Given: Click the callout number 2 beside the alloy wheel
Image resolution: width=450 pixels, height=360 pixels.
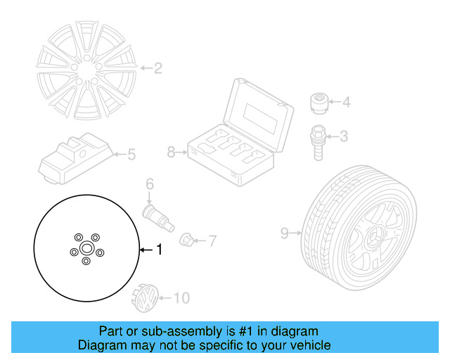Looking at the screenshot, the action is tap(158, 68).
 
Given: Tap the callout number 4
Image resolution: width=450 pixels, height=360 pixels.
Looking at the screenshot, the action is tap(345, 103).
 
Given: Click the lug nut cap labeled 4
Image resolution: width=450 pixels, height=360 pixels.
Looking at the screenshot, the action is tap(320, 103).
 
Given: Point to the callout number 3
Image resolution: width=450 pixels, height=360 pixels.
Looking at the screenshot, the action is tap(344, 136).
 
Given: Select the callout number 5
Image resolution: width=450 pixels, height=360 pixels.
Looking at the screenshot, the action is tap(131, 154).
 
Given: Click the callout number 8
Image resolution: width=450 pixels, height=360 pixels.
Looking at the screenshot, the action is tap(171, 151).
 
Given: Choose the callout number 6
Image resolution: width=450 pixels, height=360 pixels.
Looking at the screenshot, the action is tap(149, 184).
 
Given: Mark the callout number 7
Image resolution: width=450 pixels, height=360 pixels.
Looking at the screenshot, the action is tap(212, 240).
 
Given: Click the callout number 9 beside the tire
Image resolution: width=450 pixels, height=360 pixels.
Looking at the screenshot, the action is tap(284, 232).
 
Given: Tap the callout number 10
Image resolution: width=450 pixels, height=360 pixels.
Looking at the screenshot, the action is tap(181, 299).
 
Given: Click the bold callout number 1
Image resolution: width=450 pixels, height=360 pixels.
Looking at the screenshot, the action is tap(158, 249).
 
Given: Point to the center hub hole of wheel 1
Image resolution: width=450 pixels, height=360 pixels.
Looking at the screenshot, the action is tap(86, 249).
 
